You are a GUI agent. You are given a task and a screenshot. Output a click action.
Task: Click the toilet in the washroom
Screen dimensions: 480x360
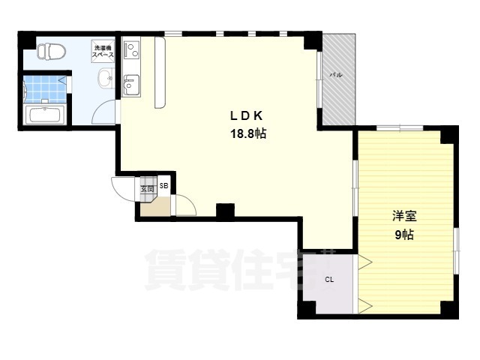coord(52,51)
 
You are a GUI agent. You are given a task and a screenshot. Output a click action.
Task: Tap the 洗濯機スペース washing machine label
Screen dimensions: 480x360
coord(103,52)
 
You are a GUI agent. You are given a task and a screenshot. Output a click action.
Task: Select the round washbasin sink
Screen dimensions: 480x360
coord(106,78)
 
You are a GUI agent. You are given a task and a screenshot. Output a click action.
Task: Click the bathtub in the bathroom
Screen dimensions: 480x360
coord(45,115)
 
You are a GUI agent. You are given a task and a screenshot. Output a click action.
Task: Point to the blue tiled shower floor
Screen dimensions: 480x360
coord(45,88)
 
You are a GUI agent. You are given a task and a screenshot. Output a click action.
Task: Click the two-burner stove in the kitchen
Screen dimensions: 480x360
coord(132,49)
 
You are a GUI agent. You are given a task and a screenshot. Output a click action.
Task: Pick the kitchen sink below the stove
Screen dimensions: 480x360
coord(132,85)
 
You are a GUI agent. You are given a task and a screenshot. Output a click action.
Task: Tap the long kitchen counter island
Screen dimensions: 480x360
coord(160,73)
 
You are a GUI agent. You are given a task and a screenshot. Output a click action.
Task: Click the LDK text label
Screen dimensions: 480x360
coord(247,115)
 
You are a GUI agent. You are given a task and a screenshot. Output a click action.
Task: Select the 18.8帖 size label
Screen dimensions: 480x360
coord(248,133)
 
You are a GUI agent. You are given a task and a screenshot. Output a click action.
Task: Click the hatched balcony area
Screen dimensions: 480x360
coord(339,79)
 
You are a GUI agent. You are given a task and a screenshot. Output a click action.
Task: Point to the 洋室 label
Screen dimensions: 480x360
coord(404,217)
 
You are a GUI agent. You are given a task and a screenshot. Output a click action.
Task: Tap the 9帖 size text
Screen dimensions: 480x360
coord(404,235)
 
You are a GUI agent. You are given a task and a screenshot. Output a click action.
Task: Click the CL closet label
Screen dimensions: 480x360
coord(329,280)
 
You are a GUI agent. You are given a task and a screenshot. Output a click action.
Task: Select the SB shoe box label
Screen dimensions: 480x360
coord(164,185)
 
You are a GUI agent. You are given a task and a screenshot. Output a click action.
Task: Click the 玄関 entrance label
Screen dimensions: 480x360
coord(147,189)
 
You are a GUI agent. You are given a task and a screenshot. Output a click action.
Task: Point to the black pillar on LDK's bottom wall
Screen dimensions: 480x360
coord(225,211)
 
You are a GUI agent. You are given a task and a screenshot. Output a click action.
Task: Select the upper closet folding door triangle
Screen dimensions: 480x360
coord(365,262)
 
